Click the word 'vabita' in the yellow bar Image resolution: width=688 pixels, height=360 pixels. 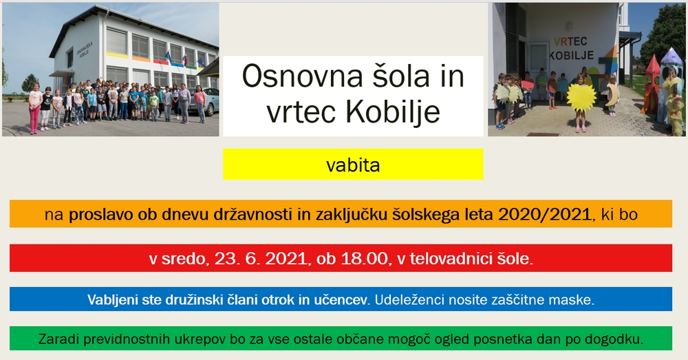(x=353, y=165)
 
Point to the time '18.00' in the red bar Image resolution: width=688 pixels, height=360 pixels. (x=364, y=259)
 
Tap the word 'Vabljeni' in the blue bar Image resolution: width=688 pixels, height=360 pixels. (x=112, y=300)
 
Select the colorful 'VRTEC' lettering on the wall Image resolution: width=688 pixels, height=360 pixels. (x=570, y=42)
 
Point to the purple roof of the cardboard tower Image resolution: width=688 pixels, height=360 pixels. (x=671, y=57)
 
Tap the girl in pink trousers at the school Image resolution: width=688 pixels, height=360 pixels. (x=34, y=108)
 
